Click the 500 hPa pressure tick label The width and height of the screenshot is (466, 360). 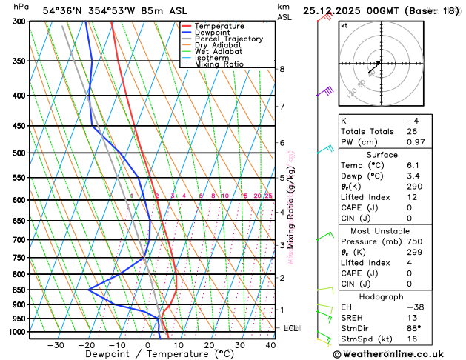tap(16, 153)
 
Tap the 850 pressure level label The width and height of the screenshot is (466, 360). tap(16, 290)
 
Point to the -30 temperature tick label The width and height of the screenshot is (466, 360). tap(56, 344)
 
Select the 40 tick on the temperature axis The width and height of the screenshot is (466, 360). tap(270, 344)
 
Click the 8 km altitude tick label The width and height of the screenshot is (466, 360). tap(282, 69)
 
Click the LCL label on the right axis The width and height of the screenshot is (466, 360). tap(290, 327)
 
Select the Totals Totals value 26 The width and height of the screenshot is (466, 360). tap(412, 131)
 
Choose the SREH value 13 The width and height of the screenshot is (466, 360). tap(412, 318)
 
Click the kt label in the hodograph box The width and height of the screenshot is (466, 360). tap(344, 25)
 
